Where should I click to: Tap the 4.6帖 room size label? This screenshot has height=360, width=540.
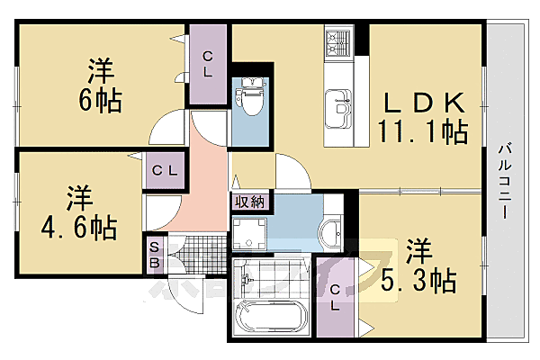point(80,228)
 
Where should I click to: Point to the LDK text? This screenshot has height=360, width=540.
point(426,102)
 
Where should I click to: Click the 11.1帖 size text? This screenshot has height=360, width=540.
point(424,133)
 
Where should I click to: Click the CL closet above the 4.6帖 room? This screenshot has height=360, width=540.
point(163,169)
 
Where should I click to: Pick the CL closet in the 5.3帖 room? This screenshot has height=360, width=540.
point(334,297)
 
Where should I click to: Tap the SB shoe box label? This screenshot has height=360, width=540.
point(154,253)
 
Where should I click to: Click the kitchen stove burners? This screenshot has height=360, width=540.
point(338,41)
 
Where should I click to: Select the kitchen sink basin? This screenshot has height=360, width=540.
point(339,106)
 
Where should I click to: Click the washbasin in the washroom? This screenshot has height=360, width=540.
point(331,232)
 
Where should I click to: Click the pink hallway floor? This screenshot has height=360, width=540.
point(209,180)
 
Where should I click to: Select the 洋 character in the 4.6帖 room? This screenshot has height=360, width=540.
point(77,196)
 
